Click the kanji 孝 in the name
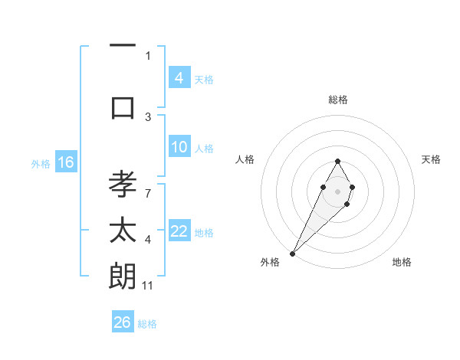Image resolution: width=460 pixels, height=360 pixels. tap(123, 186)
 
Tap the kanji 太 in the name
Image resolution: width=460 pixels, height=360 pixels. tap(123, 231)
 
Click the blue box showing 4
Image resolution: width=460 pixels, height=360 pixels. tap(179, 77)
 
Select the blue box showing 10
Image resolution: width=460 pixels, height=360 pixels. tap(179, 147)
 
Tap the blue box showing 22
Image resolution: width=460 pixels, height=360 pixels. tap(179, 231)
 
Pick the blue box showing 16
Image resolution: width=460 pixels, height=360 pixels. tap(66, 162)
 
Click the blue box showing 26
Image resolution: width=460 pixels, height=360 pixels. tap(123, 322)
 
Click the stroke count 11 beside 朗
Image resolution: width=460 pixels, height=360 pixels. tap(148, 285)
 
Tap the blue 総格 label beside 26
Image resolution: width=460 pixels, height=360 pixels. tap(147, 324)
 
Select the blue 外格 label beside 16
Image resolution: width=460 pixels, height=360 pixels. tap(41, 163)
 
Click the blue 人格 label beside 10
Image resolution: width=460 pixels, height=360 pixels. tap(204, 148)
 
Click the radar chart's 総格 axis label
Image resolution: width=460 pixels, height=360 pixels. tap(337, 100)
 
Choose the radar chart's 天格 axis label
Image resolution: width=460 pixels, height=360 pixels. tap(431, 159)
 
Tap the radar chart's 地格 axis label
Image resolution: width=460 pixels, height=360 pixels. tap(402, 262)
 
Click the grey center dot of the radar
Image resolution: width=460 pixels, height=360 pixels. tap(337, 190)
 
